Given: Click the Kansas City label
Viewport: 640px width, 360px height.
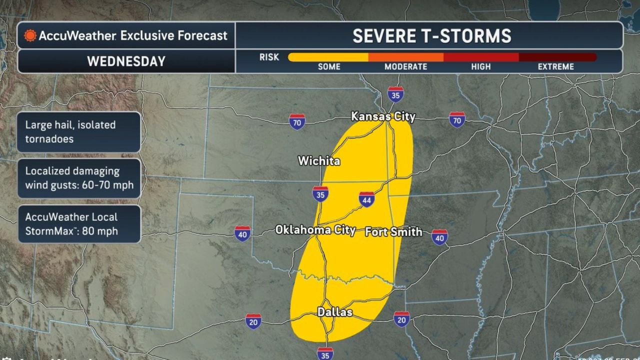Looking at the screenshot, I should coord(383,116).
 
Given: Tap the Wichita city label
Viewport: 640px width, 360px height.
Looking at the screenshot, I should coord(319,161).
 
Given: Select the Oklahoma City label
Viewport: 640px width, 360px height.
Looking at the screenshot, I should coord(315,230).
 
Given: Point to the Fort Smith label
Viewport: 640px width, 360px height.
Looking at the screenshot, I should coord(393,232).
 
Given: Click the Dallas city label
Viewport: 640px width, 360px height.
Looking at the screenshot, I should coord(334,312).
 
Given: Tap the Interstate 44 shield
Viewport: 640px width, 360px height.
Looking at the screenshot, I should coord(366,199).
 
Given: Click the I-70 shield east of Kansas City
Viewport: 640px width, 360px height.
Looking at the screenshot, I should coord(457,120).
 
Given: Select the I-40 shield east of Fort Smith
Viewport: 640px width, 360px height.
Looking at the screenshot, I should coord(439,237).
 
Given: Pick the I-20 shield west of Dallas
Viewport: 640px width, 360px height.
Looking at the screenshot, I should coord(253,321).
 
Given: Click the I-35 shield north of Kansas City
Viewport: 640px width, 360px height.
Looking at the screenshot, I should coord(395,94).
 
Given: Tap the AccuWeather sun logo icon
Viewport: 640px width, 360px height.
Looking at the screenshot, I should coord(30,36).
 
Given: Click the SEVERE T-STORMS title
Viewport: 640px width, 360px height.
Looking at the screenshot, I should coord(432,36).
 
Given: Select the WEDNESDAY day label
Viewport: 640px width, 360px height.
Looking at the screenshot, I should coord(126,61).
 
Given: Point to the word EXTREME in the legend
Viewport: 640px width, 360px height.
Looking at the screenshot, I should coord(555,67).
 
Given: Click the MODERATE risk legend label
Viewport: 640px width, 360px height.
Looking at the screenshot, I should coord(405,67).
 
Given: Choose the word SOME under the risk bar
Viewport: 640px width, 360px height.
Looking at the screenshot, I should coord(329,67).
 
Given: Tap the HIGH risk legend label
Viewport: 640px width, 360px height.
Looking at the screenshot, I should coord(480,67).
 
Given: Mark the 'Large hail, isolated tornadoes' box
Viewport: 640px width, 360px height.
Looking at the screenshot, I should coord(78,132).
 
